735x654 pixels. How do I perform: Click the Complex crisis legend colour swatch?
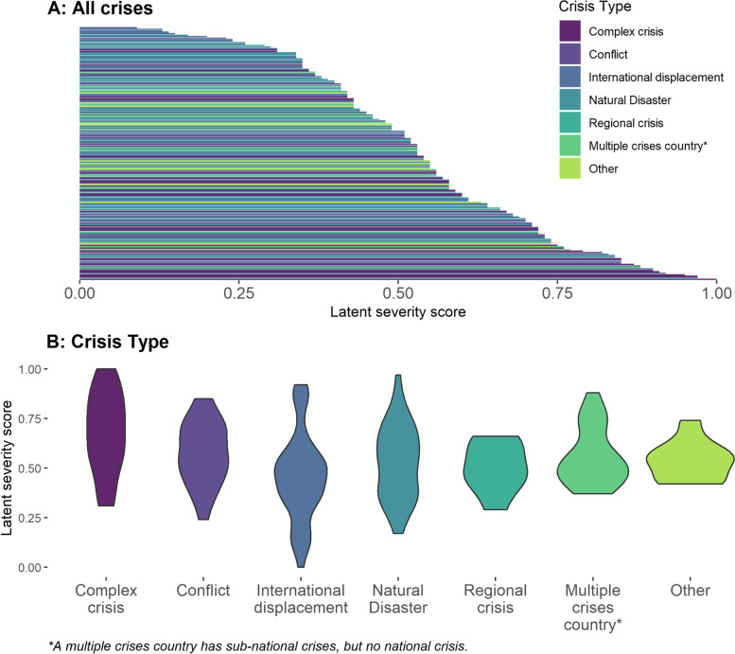pos(571,31)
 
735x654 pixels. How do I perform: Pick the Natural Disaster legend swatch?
pos(571,99)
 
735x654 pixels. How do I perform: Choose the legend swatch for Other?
pos(571,168)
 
